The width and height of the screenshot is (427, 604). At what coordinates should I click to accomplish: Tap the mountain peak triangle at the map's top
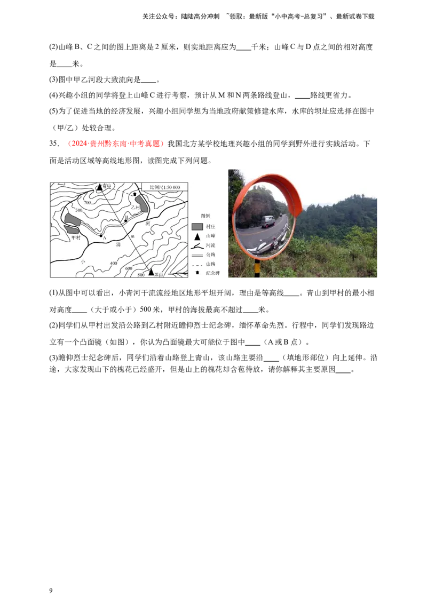pos(99,187)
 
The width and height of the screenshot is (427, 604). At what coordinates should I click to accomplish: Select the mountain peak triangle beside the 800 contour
pos(151,272)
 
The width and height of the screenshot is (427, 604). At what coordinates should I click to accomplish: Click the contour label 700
pos(87,203)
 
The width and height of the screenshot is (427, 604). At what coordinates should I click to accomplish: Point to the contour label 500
pos(79,210)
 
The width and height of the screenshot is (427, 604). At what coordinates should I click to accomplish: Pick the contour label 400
pos(113,263)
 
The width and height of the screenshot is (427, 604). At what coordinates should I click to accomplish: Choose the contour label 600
pos(129,268)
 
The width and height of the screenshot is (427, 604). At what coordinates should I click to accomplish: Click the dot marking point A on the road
pos(101,235)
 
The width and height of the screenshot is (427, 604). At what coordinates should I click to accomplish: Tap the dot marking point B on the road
pos(126,220)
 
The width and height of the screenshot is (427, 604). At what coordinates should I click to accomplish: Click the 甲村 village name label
pos(76,237)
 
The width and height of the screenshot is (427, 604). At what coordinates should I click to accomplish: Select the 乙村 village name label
pos(136,207)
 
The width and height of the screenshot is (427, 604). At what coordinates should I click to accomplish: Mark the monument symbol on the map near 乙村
pos(135,194)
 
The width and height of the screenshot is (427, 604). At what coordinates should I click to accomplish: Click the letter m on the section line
pos(132,236)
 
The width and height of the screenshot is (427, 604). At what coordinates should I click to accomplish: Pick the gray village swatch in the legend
pos(197,226)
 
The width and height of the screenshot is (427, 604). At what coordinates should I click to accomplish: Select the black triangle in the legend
pos(197,236)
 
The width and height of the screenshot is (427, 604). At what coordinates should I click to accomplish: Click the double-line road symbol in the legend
pos(197,255)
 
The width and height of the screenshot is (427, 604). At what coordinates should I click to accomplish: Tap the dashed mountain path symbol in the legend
pos(197,264)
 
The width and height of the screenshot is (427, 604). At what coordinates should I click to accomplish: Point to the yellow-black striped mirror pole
pos(257,269)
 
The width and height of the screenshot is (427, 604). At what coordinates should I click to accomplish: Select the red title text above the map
pos(117,144)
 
